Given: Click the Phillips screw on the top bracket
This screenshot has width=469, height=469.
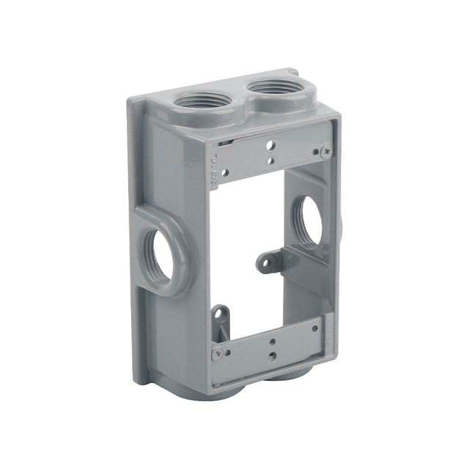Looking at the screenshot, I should (x=325, y=152).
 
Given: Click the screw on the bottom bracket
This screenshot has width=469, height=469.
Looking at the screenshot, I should (x=217, y=354).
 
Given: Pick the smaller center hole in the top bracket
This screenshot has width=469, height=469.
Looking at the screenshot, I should (x=270, y=160).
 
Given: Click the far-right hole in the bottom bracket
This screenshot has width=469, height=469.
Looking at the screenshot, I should (x=315, y=328).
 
